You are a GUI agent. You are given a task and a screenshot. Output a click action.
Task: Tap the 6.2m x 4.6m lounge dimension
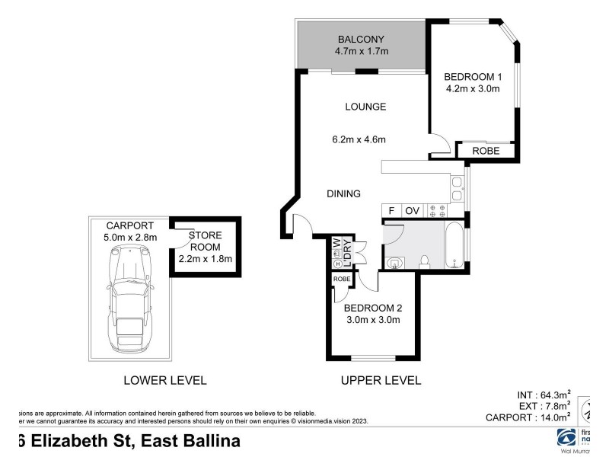(359, 139)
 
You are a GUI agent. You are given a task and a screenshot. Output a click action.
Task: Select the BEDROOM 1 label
(473, 76)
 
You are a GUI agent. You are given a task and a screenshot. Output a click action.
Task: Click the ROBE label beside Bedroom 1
(486, 151)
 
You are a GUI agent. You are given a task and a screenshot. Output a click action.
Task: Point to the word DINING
(343, 193)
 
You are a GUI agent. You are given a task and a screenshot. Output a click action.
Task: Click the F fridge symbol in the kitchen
(391, 210)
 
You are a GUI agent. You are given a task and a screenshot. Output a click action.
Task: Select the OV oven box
(412, 210)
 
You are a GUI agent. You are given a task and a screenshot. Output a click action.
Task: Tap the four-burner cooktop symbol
(438, 211)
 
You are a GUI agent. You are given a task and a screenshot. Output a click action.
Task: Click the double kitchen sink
(456, 189)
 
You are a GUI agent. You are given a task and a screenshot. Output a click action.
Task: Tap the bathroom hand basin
(394, 263)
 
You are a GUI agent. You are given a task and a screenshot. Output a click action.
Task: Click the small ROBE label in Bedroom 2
(342, 280)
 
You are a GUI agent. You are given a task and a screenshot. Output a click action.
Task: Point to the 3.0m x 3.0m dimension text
(372, 321)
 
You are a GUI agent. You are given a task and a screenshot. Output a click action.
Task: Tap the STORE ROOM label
(204, 245)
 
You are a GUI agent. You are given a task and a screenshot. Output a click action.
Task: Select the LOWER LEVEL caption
(165, 380)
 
